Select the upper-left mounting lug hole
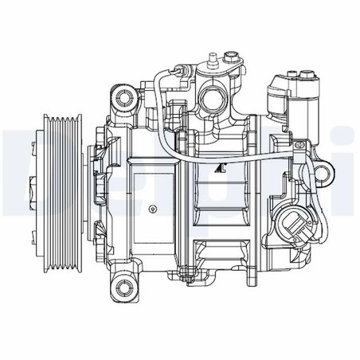124,98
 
